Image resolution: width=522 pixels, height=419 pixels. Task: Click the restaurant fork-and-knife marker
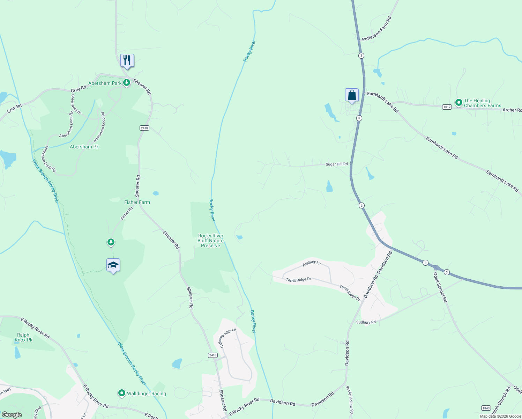tap(127, 61)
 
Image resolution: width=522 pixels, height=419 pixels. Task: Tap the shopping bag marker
tap(352, 95)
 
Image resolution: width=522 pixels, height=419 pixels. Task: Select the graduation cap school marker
tap(113, 266)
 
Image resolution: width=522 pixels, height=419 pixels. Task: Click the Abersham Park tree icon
tap(127, 83)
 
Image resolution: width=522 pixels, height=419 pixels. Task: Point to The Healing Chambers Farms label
tap(482, 103)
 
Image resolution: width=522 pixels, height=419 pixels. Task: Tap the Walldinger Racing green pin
tap(122, 394)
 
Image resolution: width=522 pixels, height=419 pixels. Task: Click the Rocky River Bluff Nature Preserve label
tap(210, 241)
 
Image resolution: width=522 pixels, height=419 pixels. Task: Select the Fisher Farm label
tap(137, 202)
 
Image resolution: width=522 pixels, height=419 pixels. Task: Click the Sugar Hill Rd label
tap(336, 164)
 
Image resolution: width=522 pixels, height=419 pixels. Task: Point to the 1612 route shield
tap(447, 107)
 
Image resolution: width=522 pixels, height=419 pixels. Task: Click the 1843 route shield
tap(486, 408)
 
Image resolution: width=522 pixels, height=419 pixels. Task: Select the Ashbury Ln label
tap(311, 263)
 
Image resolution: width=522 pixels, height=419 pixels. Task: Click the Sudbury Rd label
tap(366, 322)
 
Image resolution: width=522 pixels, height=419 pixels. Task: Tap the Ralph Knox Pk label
tap(23, 337)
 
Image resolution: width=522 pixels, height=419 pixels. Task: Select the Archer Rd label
tap(512, 110)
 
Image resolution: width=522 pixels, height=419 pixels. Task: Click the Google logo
tap(12, 415)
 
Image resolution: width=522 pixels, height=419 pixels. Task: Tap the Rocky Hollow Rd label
tap(350, 400)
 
